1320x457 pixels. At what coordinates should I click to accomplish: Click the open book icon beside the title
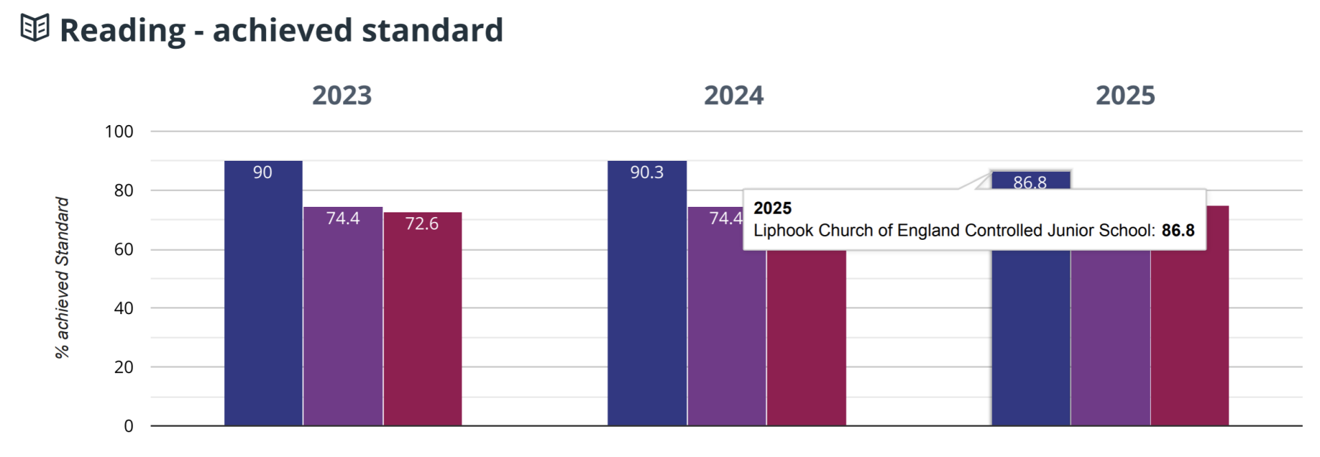pos(35,28)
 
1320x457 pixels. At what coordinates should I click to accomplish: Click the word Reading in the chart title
pos(122,31)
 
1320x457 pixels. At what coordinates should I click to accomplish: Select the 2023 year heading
pos(342,96)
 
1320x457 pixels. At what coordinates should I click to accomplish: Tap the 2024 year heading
pos(734,96)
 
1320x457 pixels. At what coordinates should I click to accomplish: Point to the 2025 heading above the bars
pos(1125,96)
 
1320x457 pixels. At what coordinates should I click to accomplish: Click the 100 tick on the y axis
pos(119,131)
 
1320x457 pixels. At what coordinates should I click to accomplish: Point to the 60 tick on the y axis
pos(124,249)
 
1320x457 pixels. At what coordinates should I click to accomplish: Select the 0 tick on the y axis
pos(129,426)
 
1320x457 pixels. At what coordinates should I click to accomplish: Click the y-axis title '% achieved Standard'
pos(63,278)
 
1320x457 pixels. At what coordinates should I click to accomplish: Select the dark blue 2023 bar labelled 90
pos(263,296)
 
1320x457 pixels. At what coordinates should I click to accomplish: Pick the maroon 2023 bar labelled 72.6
pos(422,323)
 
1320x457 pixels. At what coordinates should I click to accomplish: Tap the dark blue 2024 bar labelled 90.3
pos(647,296)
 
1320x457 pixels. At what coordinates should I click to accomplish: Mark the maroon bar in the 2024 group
pos(806,337)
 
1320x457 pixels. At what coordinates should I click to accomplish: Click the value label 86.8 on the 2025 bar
pos(1030,181)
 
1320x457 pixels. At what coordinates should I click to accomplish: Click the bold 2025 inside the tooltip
pos(772,208)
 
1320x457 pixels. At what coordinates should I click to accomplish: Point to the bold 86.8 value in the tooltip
pos(1178,230)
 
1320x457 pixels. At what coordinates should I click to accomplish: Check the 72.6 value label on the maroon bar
pos(421,223)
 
